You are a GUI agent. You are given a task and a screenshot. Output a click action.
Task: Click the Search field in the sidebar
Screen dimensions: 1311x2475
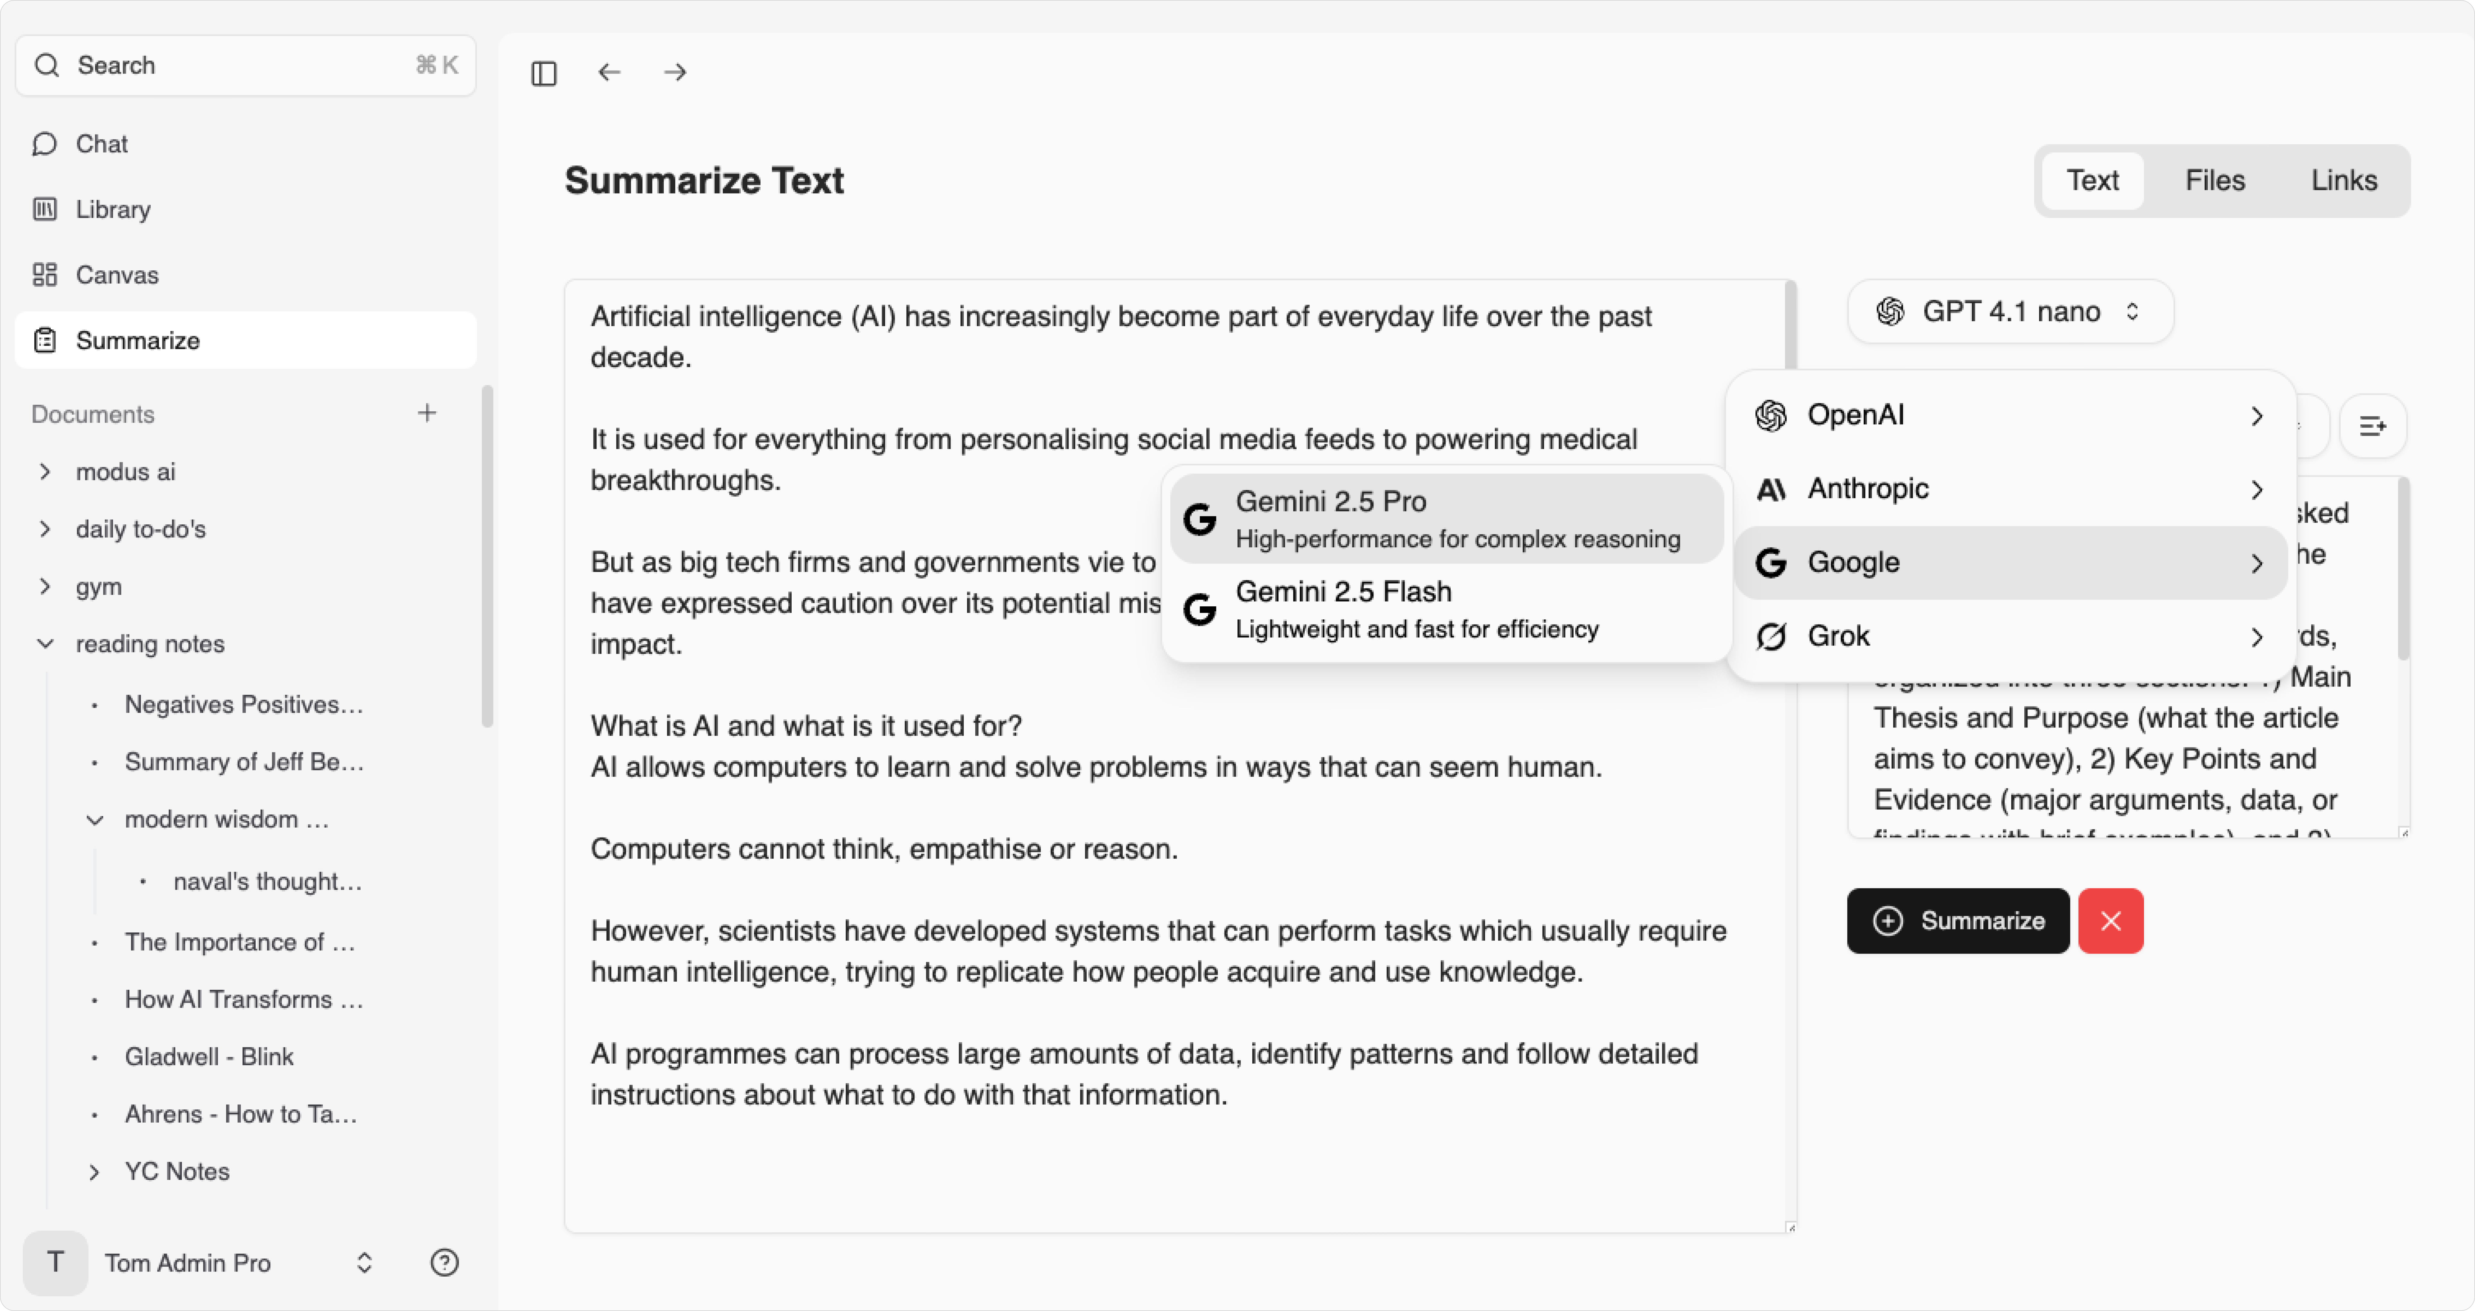245,65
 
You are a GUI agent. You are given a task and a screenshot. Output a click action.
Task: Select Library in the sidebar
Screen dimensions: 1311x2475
112,209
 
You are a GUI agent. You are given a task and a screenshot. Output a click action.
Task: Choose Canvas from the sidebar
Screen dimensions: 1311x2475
116,275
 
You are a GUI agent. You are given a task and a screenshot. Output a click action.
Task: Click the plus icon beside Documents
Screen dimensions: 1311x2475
427,413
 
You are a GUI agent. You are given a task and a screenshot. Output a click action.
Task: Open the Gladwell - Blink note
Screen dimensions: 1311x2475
209,1056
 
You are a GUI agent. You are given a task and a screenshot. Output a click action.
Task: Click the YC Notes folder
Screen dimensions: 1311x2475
177,1172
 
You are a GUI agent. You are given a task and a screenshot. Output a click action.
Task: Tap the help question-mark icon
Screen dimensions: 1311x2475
444,1262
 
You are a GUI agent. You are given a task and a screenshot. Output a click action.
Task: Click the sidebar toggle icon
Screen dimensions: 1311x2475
544,73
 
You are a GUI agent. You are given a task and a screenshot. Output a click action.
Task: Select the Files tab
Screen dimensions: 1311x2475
2215,181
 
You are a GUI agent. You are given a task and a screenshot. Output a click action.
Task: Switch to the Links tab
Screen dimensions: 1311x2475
2343,181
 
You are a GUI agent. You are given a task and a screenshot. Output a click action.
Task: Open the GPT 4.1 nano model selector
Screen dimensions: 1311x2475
2010,311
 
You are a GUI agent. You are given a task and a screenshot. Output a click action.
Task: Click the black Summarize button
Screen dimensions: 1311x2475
1958,921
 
